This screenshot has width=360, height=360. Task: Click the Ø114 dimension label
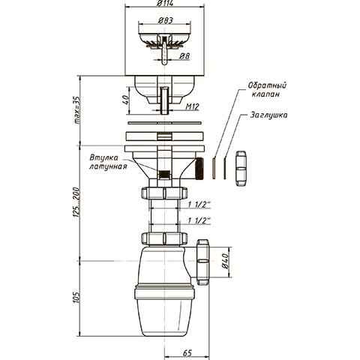pyautogui.click(x=164, y=4)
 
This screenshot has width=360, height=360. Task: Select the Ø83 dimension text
pyautogui.click(x=166, y=20)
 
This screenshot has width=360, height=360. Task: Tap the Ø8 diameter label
pyautogui.click(x=184, y=56)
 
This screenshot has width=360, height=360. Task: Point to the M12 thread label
pyautogui.click(x=192, y=106)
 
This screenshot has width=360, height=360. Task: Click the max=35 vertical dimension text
pyautogui.click(x=76, y=110)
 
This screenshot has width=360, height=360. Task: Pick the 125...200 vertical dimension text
pyautogui.click(x=76, y=202)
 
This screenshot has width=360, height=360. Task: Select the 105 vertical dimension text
pyautogui.click(x=76, y=298)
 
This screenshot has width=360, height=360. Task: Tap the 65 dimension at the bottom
pyautogui.click(x=187, y=353)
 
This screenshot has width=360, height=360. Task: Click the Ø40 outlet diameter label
pyautogui.click(x=225, y=261)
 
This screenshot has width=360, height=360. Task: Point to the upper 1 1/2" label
pyautogui.click(x=199, y=205)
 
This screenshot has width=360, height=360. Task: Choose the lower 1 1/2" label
pyautogui.click(x=199, y=220)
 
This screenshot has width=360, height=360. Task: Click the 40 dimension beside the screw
pyautogui.click(x=126, y=100)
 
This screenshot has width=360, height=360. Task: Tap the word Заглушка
pyautogui.click(x=268, y=115)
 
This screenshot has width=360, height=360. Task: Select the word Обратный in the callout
pyautogui.click(x=267, y=85)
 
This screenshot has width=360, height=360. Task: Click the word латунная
pyautogui.click(x=108, y=166)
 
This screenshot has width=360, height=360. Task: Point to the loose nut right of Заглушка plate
pyautogui.click(x=241, y=168)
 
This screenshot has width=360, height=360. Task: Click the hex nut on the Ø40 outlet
pyautogui.click(x=202, y=262)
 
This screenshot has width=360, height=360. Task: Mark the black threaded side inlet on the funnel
pyautogui.click(x=199, y=169)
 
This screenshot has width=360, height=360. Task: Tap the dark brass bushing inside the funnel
pyautogui.click(x=164, y=174)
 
